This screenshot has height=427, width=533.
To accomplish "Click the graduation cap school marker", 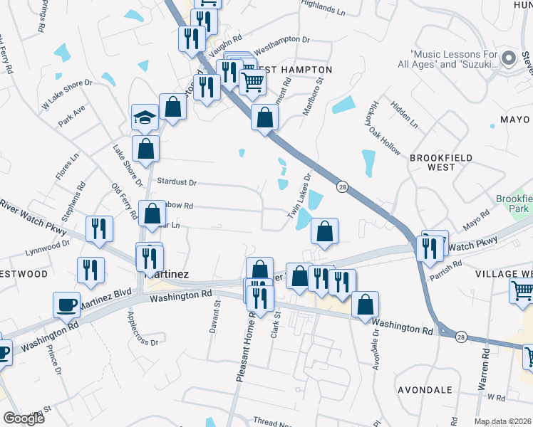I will click(145, 117).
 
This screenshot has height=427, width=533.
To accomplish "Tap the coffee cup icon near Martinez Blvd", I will click(66, 305).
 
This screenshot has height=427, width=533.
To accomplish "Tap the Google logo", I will click(24, 418).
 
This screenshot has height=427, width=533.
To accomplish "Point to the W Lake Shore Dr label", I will click(68, 93).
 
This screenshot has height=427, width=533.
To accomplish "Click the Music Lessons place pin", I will click(508, 58).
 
